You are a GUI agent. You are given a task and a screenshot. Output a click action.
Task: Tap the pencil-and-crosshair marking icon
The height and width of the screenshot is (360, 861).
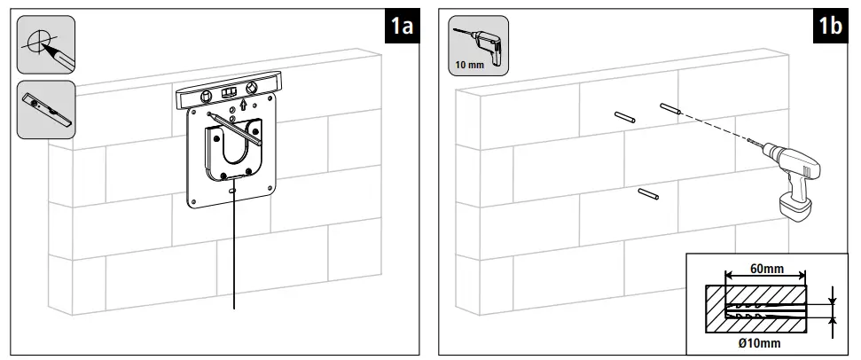[x=46, y=44]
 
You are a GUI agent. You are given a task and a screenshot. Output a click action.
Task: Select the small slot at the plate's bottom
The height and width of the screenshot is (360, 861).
[x=233, y=189]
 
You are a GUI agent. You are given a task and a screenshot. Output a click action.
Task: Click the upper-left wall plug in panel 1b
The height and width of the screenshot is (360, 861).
[x=623, y=116]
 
